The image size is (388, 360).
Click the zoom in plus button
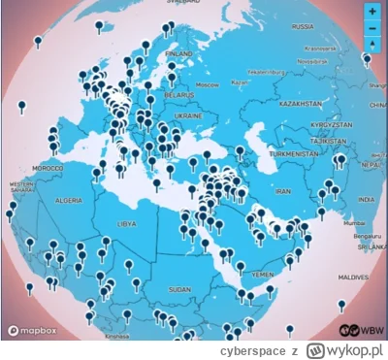point(372,12)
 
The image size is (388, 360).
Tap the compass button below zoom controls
point(372,45)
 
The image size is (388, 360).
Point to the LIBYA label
point(126,224)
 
